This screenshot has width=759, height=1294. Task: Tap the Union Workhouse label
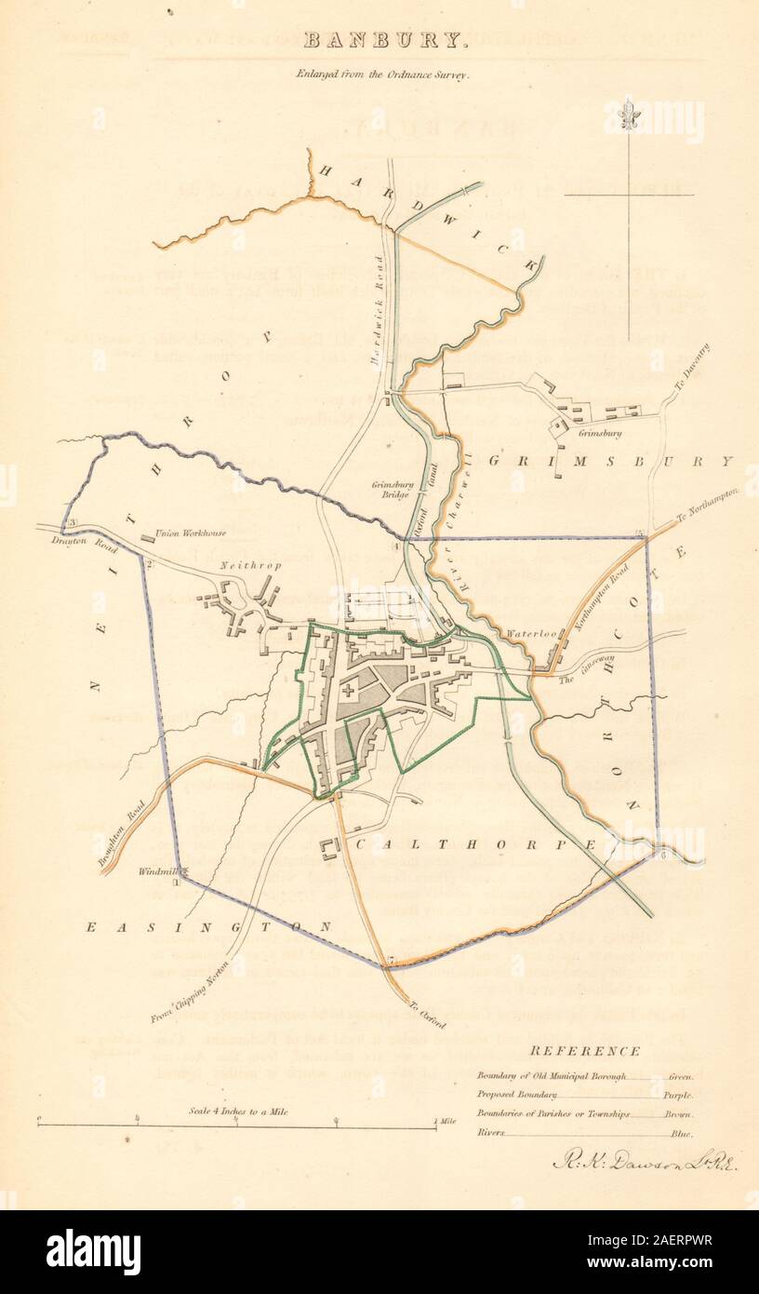(x=192, y=533)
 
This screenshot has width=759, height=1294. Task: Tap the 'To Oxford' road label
(x=425, y=1014)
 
